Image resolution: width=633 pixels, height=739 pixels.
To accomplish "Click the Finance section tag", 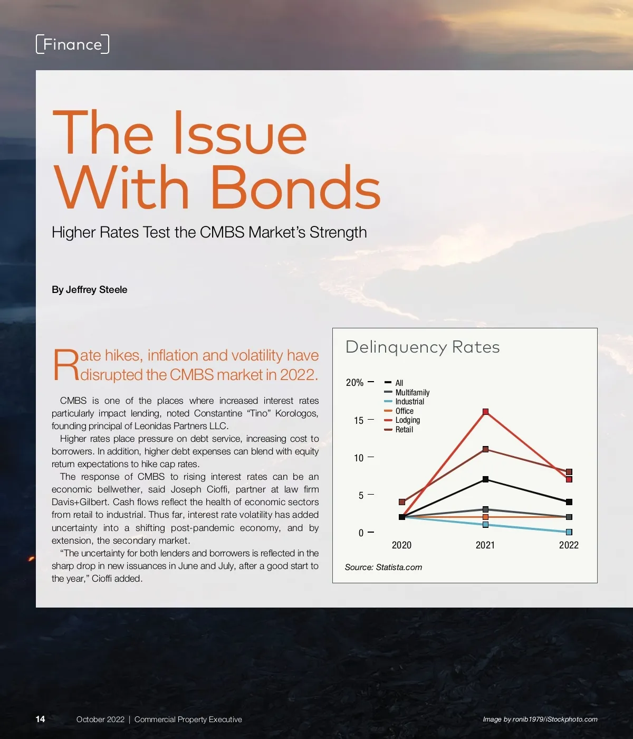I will tap(72, 44).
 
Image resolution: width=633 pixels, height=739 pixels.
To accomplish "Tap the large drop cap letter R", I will tap(65, 365).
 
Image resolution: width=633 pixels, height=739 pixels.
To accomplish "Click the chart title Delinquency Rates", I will tap(423, 347).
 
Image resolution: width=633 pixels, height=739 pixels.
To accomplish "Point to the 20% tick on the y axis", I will tap(355, 382).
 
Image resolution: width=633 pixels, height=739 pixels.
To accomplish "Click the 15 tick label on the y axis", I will tap(359, 420).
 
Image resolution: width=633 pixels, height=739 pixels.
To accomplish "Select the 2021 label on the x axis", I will tap(485, 545).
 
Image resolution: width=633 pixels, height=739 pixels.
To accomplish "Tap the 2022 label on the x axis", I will tap(569, 545).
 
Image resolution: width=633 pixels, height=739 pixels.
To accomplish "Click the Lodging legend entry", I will tap(407, 420).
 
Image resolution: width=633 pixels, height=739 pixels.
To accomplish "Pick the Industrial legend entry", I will tap(409, 402).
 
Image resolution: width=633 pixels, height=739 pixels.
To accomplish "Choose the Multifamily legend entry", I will tap(412, 392).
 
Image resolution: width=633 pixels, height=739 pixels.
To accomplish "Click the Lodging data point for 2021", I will tap(485, 412).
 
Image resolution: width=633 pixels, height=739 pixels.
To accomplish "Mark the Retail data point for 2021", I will tap(485, 449).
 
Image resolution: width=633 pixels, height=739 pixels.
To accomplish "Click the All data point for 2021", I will tap(485, 479).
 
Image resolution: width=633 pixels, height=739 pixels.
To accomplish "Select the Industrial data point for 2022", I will tap(569, 532).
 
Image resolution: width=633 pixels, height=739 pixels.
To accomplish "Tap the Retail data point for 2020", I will tap(402, 502).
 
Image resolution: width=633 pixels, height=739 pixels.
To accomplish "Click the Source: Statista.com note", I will tap(383, 567).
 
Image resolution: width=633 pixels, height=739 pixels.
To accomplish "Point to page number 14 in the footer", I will tap(40, 719).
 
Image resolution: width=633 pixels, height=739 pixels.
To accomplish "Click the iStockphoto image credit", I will tap(540, 719).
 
